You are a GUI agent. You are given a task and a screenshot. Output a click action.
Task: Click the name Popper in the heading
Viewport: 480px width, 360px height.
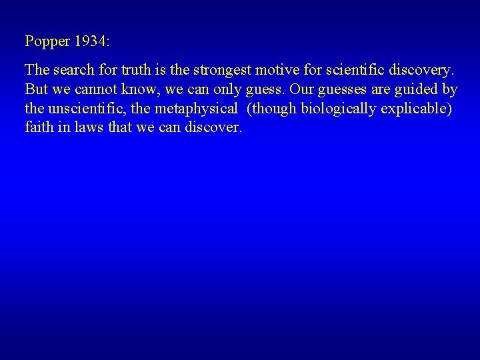point(47,41)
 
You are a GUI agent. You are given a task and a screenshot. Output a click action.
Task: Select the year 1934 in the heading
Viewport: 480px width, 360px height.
point(92,41)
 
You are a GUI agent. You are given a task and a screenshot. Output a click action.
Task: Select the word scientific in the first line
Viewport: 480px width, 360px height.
point(348,70)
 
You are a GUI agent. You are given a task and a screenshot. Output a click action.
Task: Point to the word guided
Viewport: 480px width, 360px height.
point(413,89)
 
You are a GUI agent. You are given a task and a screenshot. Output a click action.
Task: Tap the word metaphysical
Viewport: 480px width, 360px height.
point(197,109)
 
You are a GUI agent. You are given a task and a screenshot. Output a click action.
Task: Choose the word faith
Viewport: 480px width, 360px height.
point(38,127)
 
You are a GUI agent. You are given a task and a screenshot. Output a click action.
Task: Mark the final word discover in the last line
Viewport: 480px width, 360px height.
point(214,127)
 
